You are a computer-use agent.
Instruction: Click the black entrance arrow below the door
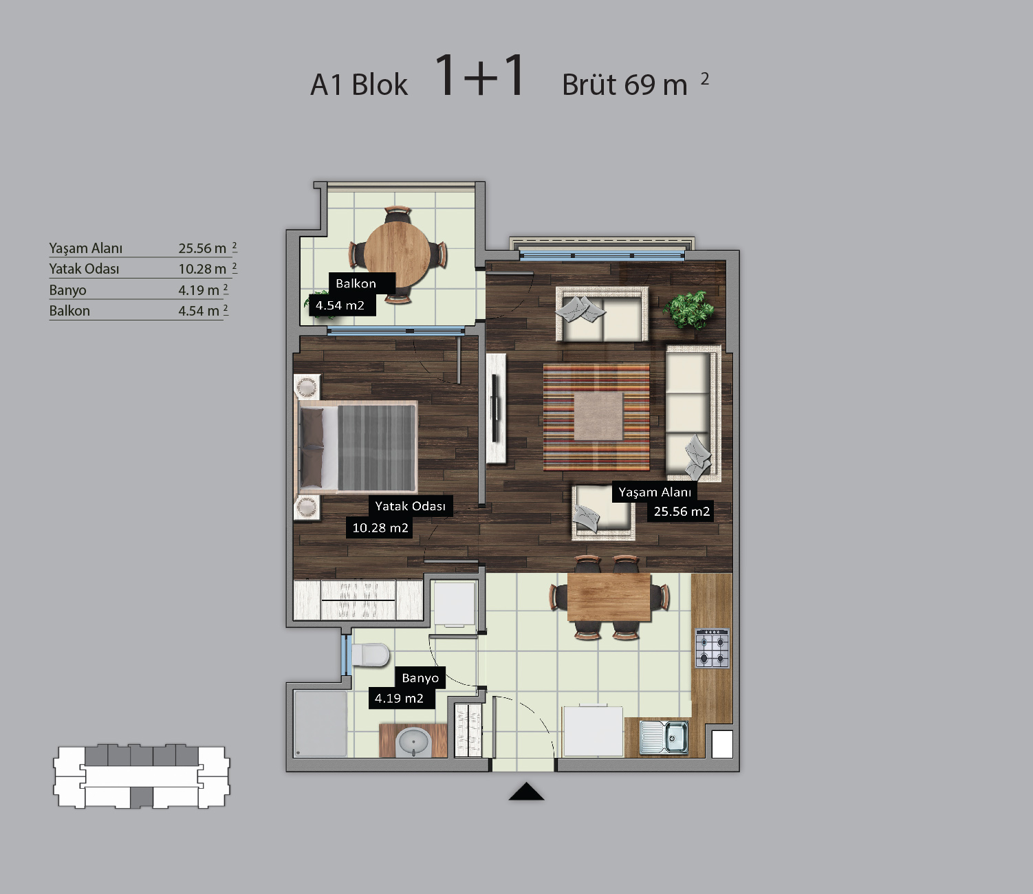tap(526, 792)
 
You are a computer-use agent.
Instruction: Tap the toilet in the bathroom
tap(370, 655)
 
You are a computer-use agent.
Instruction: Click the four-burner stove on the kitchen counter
tap(712, 648)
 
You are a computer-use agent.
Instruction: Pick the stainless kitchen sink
tap(664, 737)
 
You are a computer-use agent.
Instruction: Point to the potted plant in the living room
tap(688, 310)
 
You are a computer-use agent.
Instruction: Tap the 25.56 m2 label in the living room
tap(681, 511)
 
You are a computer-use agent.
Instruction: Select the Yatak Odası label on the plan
tap(411, 506)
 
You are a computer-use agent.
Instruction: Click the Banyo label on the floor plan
tap(420, 678)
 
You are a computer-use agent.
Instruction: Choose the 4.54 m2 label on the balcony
tap(340, 305)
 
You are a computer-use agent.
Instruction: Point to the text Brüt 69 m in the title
tap(624, 85)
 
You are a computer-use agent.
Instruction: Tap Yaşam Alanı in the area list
tap(85, 248)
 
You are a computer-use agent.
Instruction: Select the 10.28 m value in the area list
tap(202, 269)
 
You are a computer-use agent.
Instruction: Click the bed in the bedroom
tap(358, 448)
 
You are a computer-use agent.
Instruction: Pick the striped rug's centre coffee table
tap(598, 416)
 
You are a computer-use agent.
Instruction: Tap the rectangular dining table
tap(609, 597)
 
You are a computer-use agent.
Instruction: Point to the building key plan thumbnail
tap(142, 776)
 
